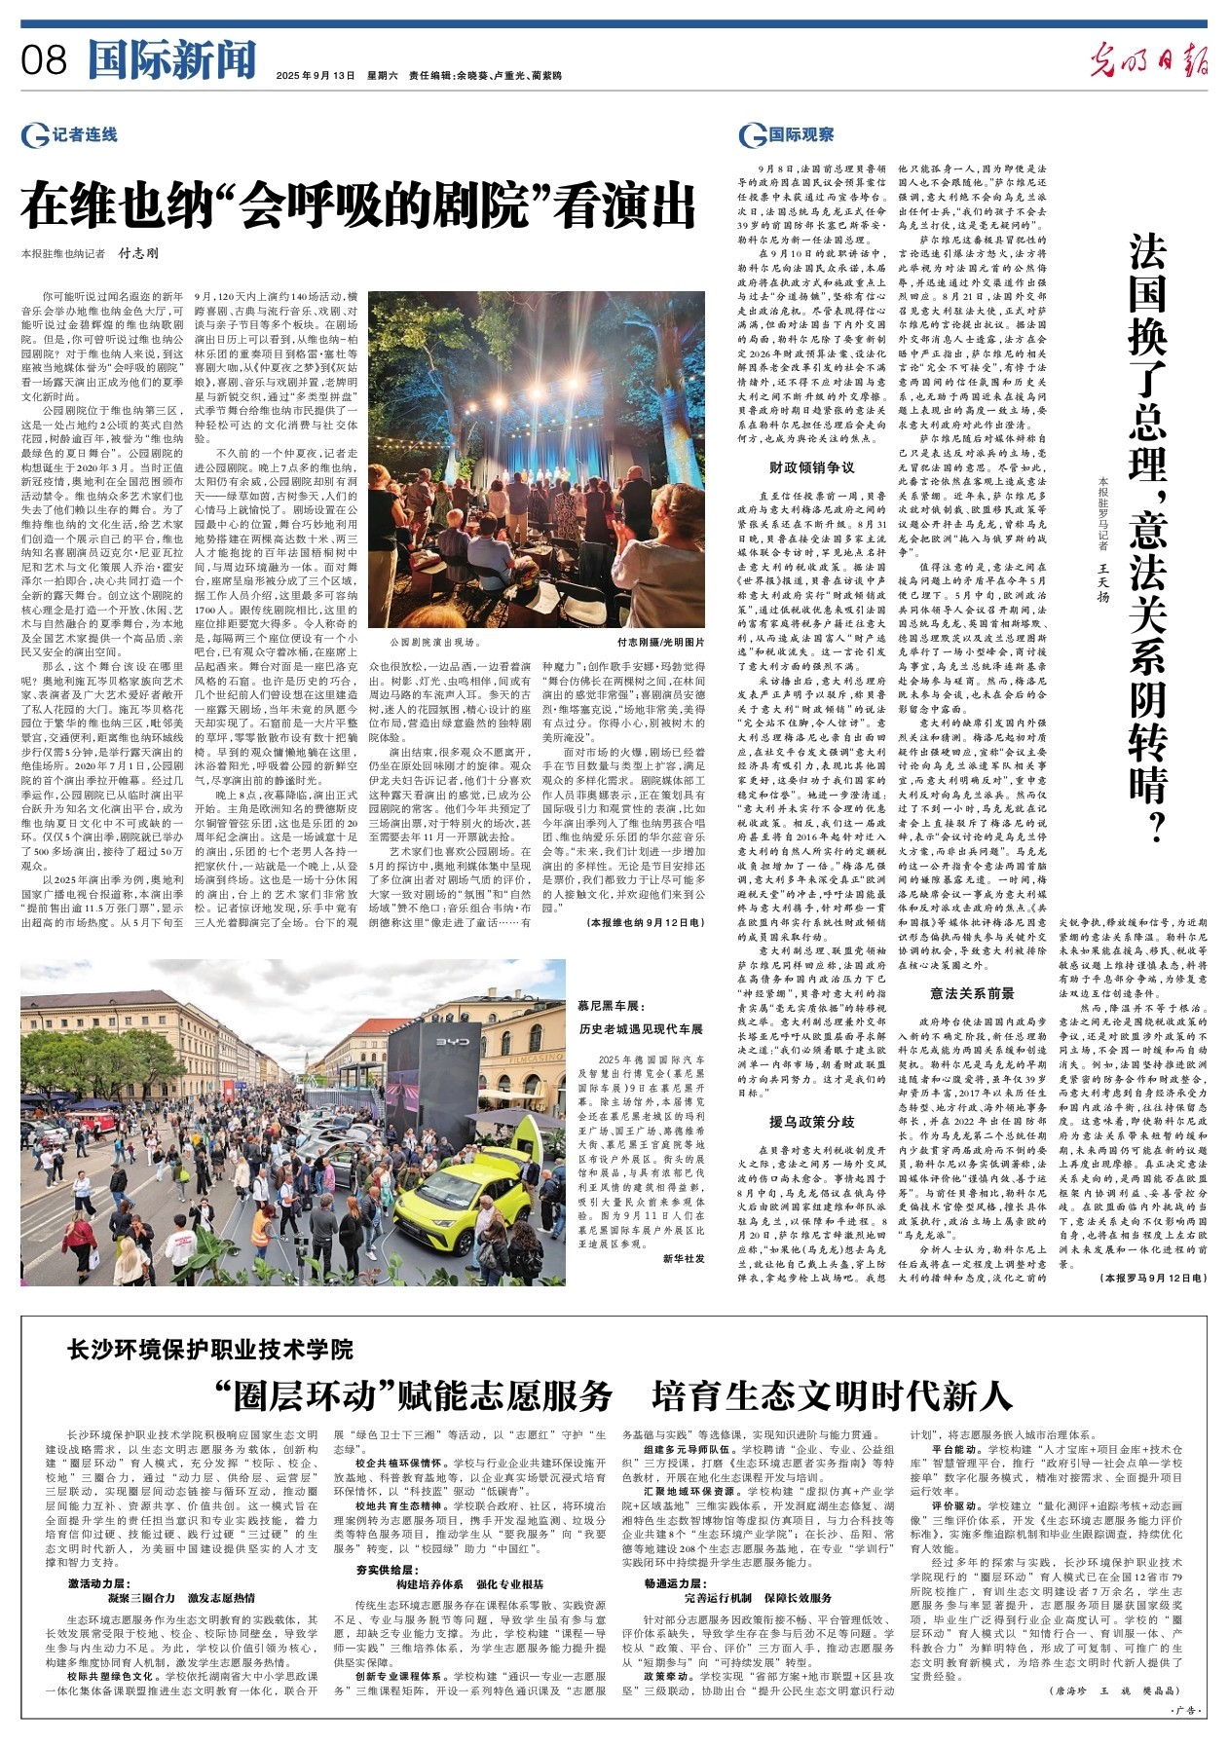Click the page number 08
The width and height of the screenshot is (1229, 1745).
pyautogui.click(x=44, y=61)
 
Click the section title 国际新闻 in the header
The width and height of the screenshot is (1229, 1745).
pyautogui.click(x=171, y=60)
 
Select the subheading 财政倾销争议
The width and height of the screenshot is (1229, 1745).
pyautogui.click(x=812, y=467)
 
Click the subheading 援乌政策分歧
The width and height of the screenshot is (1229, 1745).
pyautogui.click(x=812, y=1121)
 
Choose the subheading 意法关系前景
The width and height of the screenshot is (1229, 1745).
pyautogui.click(x=972, y=992)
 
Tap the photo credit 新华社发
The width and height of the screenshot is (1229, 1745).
pyautogui.click(x=684, y=1257)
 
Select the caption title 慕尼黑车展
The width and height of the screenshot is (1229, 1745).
pyautogui.click(x=612, y=1005)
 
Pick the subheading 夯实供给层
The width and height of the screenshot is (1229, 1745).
pyautogui.click(x=385, y=1570)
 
